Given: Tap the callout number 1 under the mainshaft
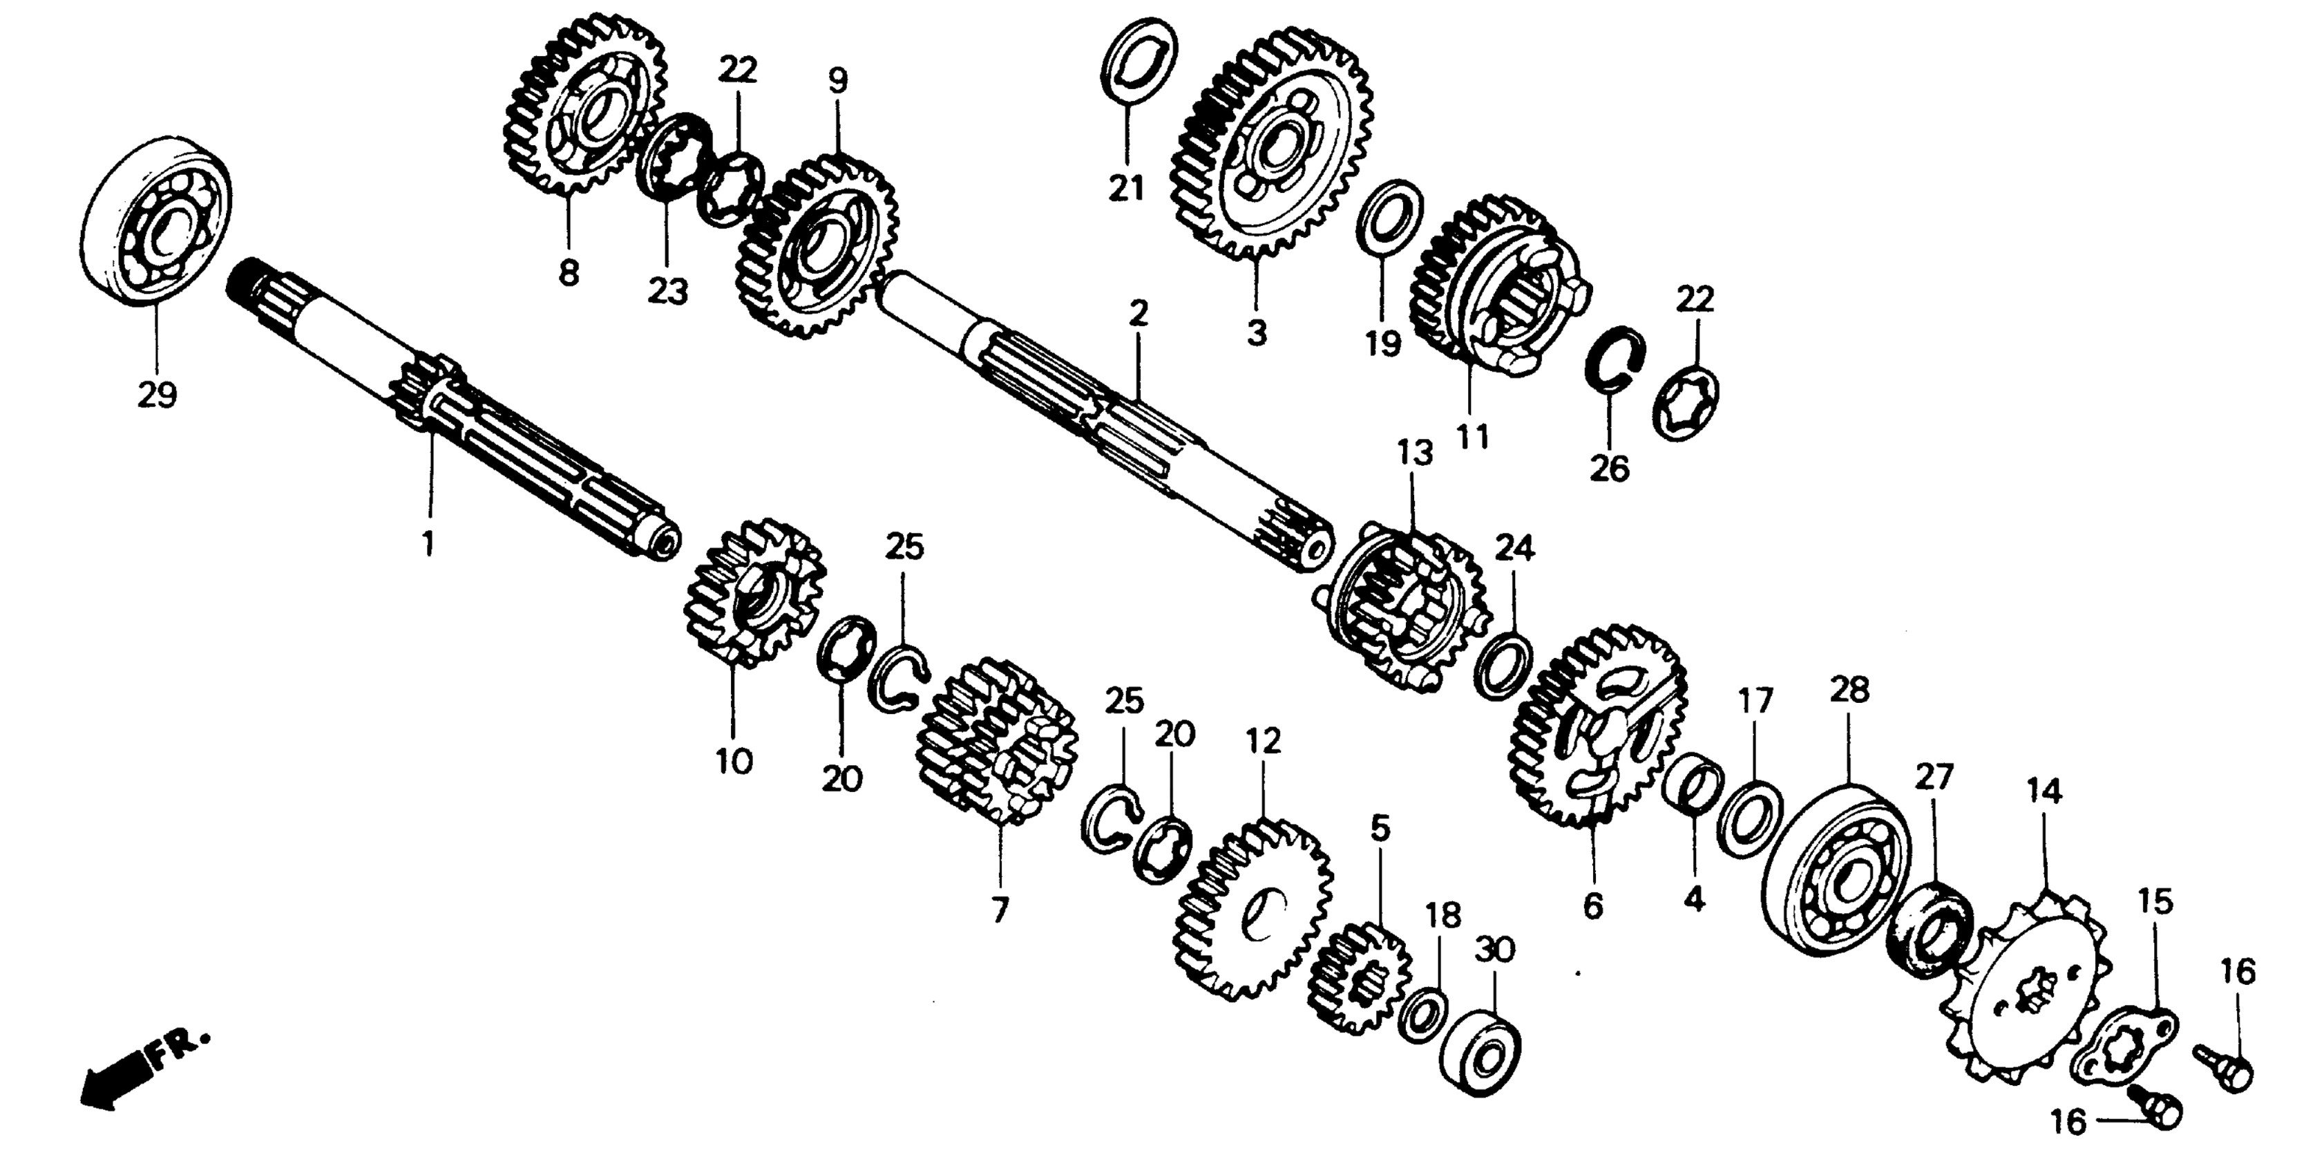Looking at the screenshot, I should coord(429,543).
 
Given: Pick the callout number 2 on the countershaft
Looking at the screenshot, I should coord(1138,314).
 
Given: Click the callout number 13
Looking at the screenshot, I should coord(1415,453).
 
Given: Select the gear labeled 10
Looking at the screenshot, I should coord(753,593).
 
